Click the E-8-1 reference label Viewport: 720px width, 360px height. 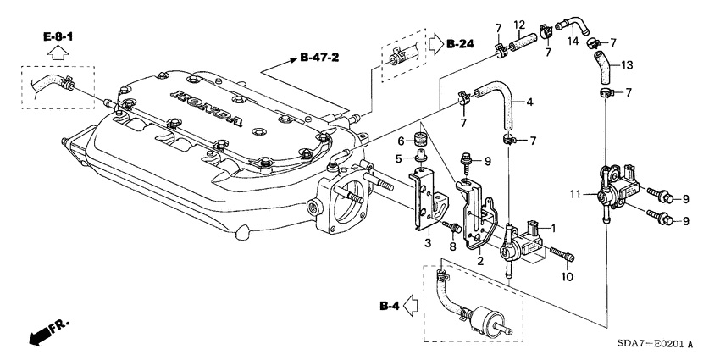(58, 36)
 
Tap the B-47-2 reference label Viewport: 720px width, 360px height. (319, 58)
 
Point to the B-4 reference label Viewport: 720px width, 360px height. (390, 307)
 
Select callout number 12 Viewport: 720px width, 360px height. (519, 25)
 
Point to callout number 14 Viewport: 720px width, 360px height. (573, 42)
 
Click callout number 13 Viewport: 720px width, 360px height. (627, 64)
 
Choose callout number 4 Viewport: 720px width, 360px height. (529, 102)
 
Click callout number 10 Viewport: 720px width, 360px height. (568, 277)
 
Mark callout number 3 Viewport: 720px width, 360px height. (428, 243)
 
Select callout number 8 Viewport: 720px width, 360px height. (453, 247)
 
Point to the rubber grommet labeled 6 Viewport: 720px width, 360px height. (419, 138)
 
